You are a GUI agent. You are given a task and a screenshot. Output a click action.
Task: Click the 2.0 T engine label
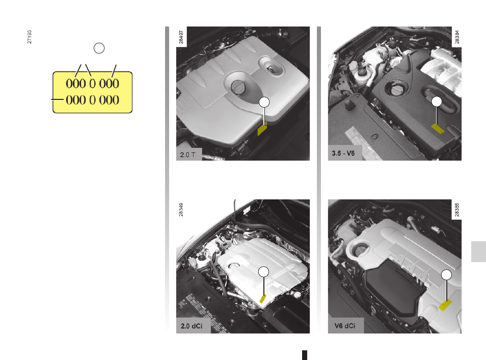click(x=188, y=155)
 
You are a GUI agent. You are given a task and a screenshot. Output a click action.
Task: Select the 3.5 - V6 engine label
click(x=343, y=153)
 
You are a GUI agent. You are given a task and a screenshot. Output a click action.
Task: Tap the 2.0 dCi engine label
click(x=192, y=326)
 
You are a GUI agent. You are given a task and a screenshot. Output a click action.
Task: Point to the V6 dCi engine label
click(x=345, y=326)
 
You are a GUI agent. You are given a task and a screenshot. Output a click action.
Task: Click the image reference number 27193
click(x=30, y=37)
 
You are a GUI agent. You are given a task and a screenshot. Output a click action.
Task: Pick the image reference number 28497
click(x=181, y=37)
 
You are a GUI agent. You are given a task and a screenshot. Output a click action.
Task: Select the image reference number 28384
click(x=457, y=37)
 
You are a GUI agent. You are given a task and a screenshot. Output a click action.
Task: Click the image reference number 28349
click(x=181, y=210)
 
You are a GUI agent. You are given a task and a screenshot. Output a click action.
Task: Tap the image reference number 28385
click(x=457, y=210)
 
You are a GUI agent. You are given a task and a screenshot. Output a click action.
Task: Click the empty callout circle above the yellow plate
click(x=99, y=48)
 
